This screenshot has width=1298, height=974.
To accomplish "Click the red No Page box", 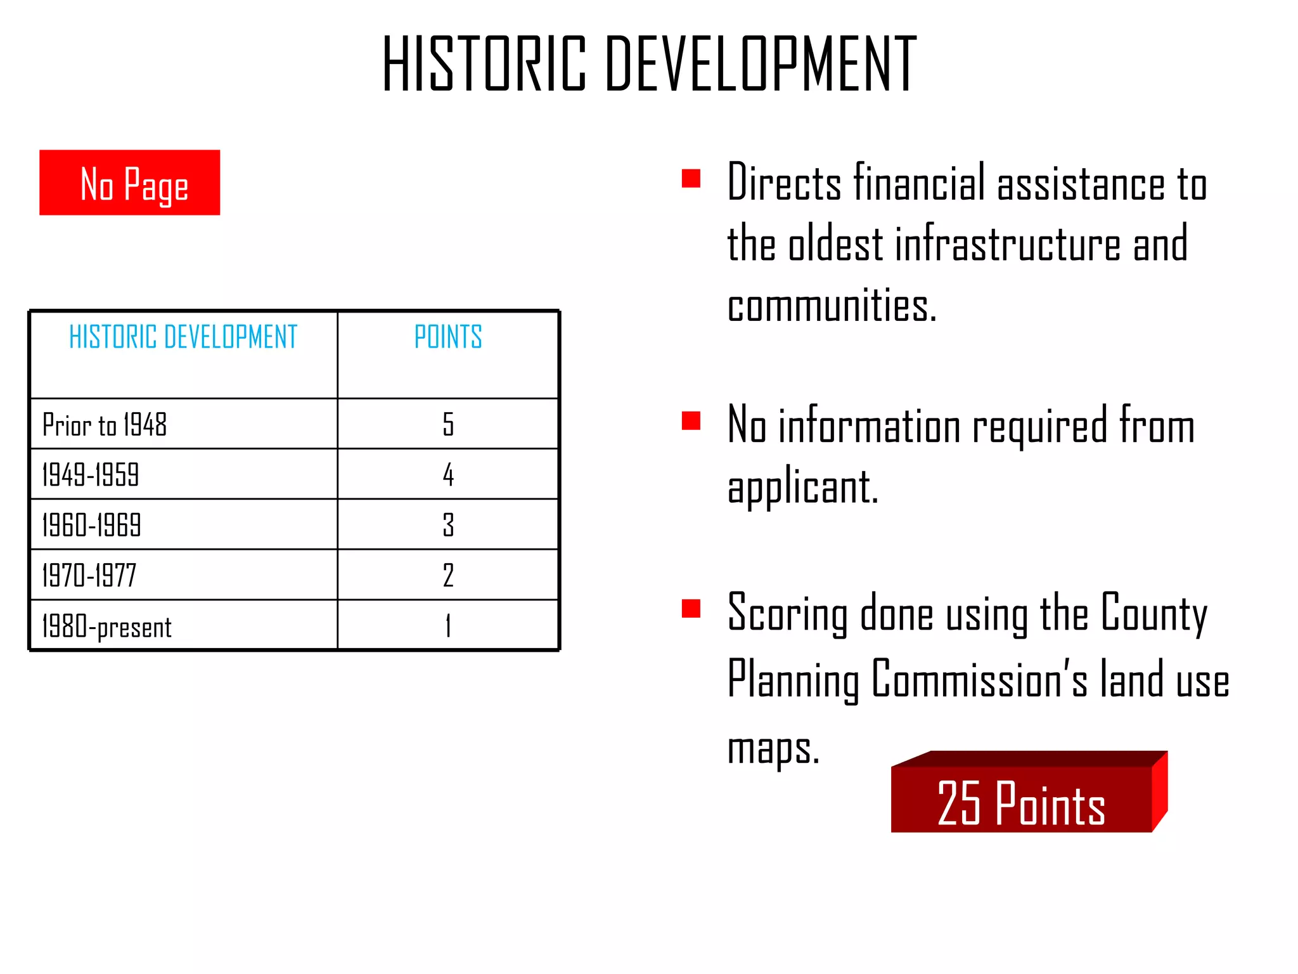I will pyautogui.click(x=129, y=183).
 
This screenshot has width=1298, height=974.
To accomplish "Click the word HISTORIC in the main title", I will pyautogui.click(x=485, y=63).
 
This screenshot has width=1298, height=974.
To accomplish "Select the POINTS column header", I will pyautogui.click(x=448, y=337).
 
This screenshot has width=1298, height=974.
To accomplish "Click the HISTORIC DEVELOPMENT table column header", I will pyautogui.click(x=183, y=337).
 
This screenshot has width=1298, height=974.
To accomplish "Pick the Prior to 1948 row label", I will pyautogui.click(x=105, y=424).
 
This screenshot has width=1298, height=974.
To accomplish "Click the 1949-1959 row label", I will pyautogui.click(x=91, y=474).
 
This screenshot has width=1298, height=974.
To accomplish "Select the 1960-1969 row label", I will pyautogui.click(x=92, y=525).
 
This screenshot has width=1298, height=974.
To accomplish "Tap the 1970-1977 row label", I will pyautogui.click(x=89, y=575).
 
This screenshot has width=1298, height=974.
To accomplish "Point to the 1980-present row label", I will pyautogui.click(x=106, y=626).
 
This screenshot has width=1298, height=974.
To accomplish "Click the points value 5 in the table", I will pyautogui.click(x=448, y=424).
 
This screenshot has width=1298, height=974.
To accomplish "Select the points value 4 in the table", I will pyautogui.click(x=448, y=474).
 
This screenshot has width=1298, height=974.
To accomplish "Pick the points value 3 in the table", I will pyautogui.click(x=448, y=525).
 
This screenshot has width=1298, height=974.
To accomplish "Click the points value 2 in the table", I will pyautogui.click(x=448, y=575).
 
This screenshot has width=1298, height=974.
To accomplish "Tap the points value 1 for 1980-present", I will pyautogui.click(x=448, y=626).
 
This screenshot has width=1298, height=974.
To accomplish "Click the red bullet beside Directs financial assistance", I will pyautogui.click(x=690, y=178).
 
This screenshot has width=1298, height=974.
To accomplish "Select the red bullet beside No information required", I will pyautogui.click(x=690, y=420).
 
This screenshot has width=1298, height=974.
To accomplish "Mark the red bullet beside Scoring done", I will pyautogui.click(x=690, y=608).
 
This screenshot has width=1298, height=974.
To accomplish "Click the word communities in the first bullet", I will pyautogui.click(x=832, y=306).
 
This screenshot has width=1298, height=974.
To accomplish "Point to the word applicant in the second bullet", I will pyautogui.click(x=802, y=487).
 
